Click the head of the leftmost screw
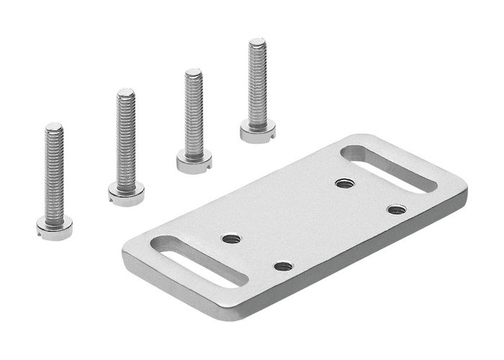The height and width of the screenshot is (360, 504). [x=54, y=230]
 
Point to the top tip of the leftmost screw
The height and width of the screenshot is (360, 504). [x=54, y=127]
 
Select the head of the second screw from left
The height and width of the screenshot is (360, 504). [x=126, y=192]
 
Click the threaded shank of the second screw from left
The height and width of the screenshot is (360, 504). [x=126, y=140]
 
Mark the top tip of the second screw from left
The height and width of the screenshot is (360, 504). [x=126, y=91]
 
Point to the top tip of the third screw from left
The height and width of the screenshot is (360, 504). [x=193, y=72]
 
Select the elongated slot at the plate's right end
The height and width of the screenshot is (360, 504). [x=389, y=168]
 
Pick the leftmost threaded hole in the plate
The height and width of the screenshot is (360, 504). [x=230, y=238]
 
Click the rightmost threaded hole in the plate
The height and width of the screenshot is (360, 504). [x=396, y=210]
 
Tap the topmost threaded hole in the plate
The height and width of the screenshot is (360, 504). [x=345, y=184]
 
